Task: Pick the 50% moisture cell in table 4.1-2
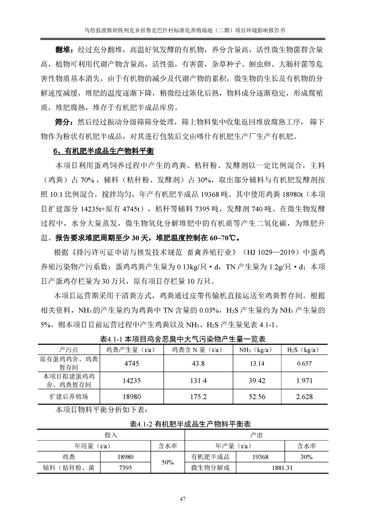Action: [168, 462]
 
